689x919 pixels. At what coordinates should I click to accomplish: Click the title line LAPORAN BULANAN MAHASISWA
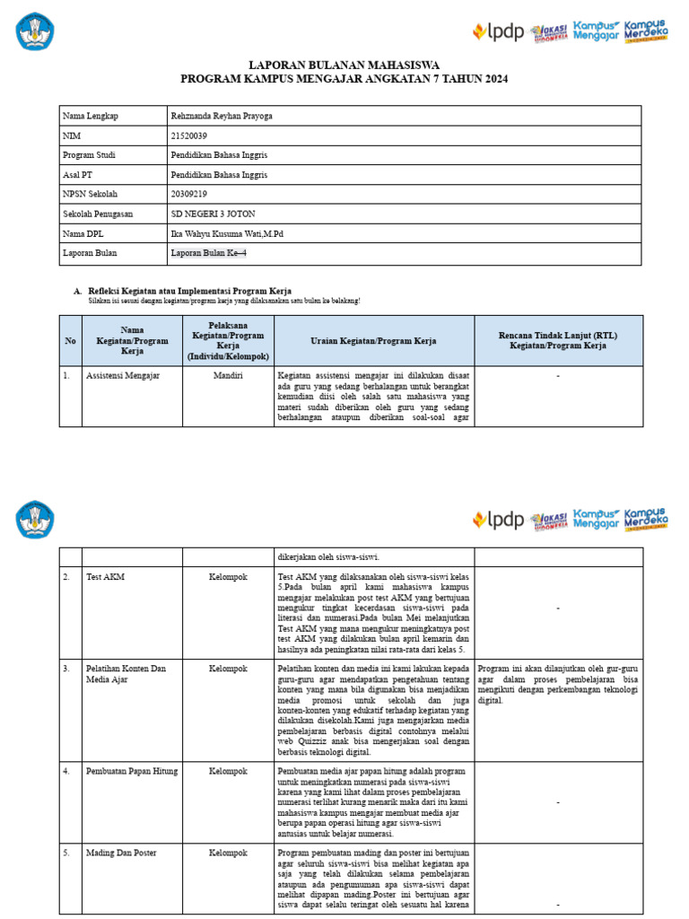tap(344, 66)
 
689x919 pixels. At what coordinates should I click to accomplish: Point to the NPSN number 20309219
tap(188, 194)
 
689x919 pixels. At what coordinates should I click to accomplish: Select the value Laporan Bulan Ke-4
tap(208, 253)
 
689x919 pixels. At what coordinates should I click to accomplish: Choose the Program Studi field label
tap(89, 155)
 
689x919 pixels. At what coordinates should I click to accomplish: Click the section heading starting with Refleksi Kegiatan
tap(190, 291)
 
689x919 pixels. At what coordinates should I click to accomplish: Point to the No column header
tap(71, 341)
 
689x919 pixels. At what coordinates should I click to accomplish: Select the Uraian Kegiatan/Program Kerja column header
tap(373, 341)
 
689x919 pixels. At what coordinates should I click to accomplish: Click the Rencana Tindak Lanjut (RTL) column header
tap(558, 341)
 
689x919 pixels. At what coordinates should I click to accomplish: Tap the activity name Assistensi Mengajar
tap(123, 375)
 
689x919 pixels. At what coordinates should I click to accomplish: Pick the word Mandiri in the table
tap(228, 375)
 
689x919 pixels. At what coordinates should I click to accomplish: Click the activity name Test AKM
tap(105, 577)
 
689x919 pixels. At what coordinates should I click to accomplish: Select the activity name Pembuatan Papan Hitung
tap(132, 771)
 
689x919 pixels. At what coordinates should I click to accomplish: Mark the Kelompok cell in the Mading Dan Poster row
tap(228, 853)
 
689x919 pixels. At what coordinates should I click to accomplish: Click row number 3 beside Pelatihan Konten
tap(66, 669)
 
